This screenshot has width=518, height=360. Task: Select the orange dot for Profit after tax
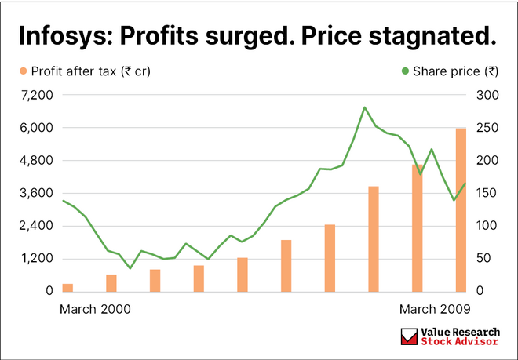(x=23, y=71)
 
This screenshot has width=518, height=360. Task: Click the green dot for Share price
(x=405, y=71)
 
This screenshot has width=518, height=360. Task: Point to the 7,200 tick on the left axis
(x=37, y=95)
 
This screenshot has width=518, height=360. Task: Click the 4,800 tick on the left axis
(x=37, y=160)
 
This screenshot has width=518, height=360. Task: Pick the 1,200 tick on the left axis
(x=37, y=258)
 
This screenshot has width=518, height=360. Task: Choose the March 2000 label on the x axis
(x=96, y=309)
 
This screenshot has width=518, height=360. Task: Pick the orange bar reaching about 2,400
(x=330, y=257)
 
